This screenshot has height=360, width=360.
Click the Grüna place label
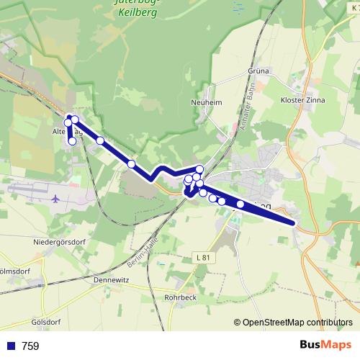coord(257,71)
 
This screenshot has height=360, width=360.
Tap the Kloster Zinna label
coord(302,100)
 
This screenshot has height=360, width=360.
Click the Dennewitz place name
coord(114,280)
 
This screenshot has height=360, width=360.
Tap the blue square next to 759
coord(11,346)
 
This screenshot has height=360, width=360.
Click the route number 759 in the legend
coord(31,346)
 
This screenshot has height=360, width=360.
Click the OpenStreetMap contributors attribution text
coord(297,323)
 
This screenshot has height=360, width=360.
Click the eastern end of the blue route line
coord(294,223)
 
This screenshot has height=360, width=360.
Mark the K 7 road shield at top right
coord(354,7)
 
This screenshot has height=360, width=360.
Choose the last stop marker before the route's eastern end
coord(240,204)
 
